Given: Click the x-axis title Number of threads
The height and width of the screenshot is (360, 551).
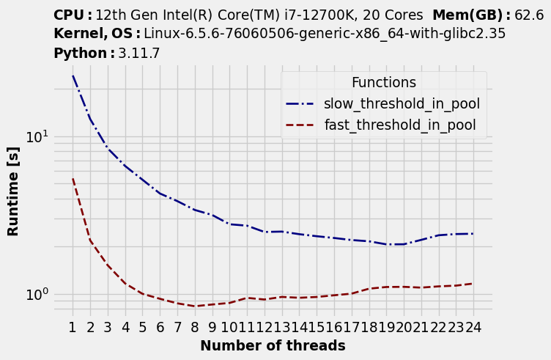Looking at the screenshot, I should pos(273,345).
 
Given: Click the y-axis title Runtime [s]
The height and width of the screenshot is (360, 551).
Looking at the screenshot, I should pos(13,191).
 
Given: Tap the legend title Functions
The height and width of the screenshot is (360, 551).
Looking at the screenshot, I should pos(383,83).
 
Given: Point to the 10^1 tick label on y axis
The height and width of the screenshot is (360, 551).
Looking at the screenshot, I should pos(37,137).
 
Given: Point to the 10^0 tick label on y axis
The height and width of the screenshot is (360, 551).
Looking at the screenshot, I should pos(37,294).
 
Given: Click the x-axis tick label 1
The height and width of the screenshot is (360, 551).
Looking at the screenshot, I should pos(73,327).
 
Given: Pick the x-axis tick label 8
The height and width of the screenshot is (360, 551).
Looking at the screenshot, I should pos(195,327).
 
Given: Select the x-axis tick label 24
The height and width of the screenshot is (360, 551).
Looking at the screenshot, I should pos(473,327).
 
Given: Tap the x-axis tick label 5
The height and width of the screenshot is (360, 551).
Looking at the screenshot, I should pos(143,327).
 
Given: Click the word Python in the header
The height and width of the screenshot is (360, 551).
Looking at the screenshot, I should pos(80,54).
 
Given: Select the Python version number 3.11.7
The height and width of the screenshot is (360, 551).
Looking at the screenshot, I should pos(139,54).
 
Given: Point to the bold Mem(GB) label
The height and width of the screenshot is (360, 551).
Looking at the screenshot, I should pos(469,15).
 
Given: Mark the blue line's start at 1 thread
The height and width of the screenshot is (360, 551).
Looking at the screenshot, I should pos(73,76).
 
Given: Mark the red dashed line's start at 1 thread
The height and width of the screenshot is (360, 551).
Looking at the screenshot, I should pos(73,178).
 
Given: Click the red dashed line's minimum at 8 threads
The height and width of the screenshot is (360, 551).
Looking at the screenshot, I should pos(195,306).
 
